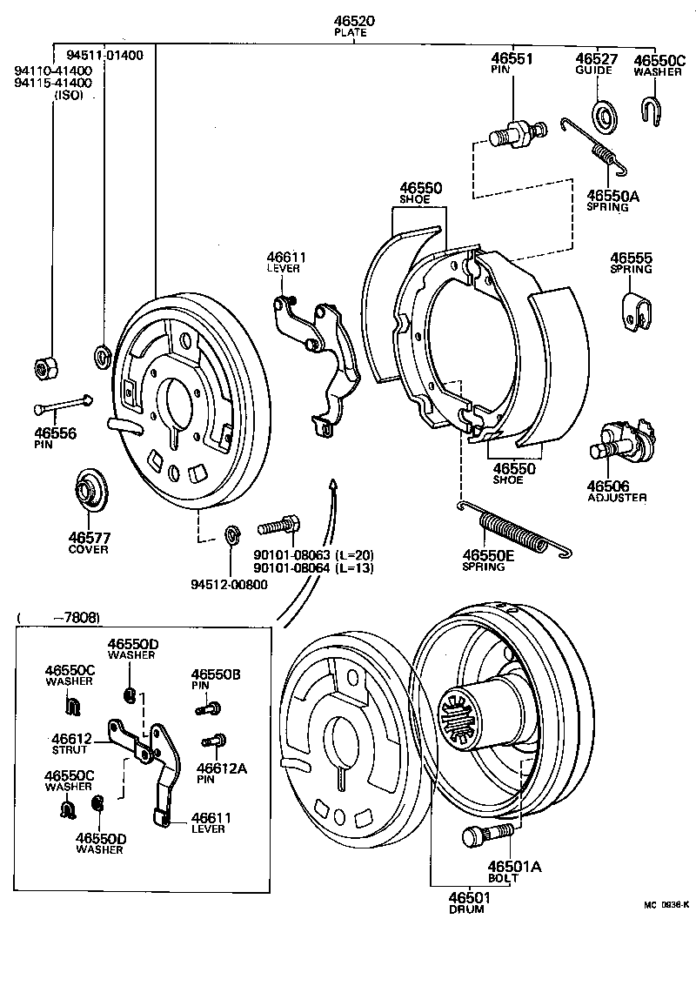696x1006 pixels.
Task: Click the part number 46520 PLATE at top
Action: click(x=351, y=25)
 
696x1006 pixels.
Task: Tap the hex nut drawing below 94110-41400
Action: click(x=44, y=368)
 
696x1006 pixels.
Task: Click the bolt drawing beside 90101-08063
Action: click(x=279, y=526)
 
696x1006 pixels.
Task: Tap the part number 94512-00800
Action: click(x=230, y=584)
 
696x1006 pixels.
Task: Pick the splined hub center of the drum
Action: click(x=462, y=719)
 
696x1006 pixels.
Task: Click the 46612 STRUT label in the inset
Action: click(x=73, y=744)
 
